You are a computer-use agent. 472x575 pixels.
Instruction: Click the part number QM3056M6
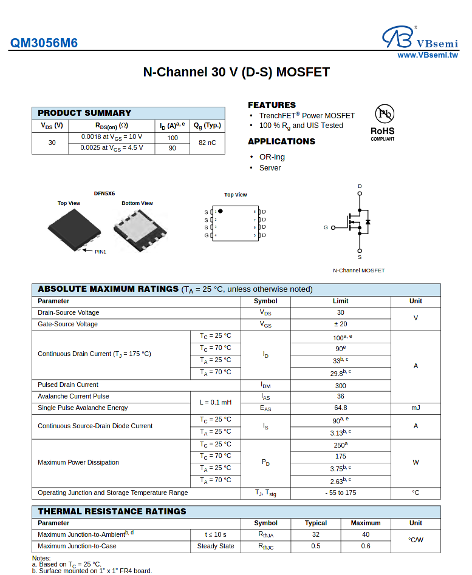coord(44,43)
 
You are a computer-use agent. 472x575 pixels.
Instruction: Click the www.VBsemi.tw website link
coord(428,55)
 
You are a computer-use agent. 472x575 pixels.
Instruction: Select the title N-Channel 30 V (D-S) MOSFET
coord(236,72)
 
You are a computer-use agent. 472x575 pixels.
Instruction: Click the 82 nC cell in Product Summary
coord(207,143)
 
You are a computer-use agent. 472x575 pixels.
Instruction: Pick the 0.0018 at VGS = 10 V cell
coord(112,137)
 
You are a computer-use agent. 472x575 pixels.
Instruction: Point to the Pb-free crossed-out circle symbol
coord(384,113)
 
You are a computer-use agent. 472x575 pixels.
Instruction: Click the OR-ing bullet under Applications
coord(272,157)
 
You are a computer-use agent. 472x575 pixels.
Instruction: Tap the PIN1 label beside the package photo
coord(100,251)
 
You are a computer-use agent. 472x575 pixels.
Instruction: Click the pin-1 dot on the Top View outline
coord(220,211)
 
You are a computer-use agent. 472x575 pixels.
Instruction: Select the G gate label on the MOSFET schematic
coord(326,227)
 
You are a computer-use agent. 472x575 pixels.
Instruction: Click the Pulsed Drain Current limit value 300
coord(340,385)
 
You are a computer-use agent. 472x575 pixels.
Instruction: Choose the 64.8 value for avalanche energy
coord(340,408)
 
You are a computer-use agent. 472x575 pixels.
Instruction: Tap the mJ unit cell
coord(416,408)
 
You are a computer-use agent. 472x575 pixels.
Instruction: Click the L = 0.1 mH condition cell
coord(216,402)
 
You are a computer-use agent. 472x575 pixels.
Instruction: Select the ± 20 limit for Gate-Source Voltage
coord(340,324)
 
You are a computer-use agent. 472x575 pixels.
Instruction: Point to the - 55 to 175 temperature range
coord(340,493)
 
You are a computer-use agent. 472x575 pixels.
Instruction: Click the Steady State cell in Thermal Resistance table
coord(216,546)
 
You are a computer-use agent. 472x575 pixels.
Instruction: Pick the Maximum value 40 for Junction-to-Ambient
coord(366,534)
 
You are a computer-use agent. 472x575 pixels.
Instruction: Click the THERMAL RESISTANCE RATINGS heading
coord(112,511)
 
